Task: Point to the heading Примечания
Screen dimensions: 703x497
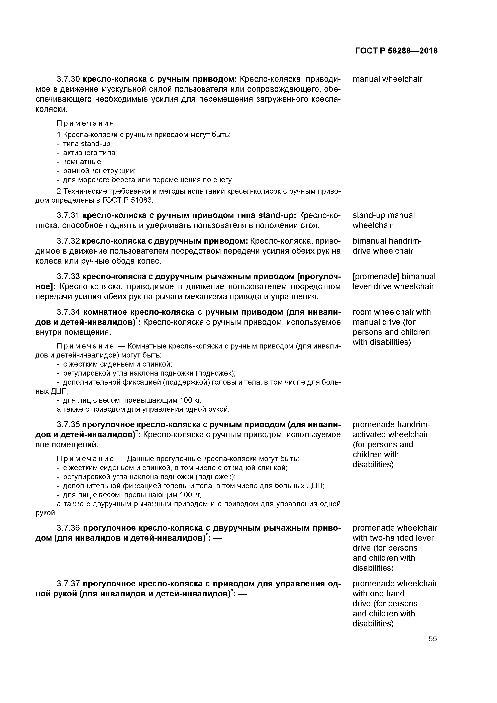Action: [x=85, y=123]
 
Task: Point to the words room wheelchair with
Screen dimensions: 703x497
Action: [x=391, y=312]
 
